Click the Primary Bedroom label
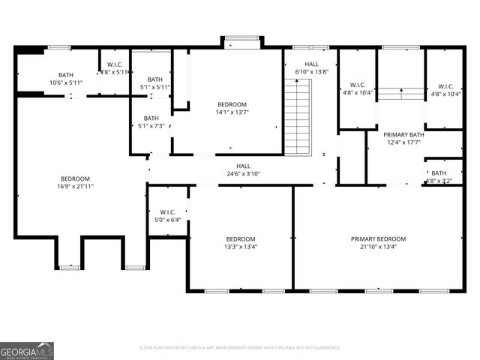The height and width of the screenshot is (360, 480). (x=378, y=239)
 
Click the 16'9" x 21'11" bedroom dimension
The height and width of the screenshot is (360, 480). (x=75, y=186)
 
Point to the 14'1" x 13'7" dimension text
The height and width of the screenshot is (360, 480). (x=232, y=112)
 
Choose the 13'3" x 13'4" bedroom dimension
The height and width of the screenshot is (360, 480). (x=241, y=247)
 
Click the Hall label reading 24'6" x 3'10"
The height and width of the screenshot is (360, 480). (x=243, y=174)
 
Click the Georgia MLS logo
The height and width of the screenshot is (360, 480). (x=27, y=350)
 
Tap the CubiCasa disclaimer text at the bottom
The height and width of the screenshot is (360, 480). (x=240, y=347)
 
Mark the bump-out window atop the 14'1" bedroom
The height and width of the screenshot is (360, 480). (x=241, y=38)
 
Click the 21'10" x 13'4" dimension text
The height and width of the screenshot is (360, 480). (x=378, y=247)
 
